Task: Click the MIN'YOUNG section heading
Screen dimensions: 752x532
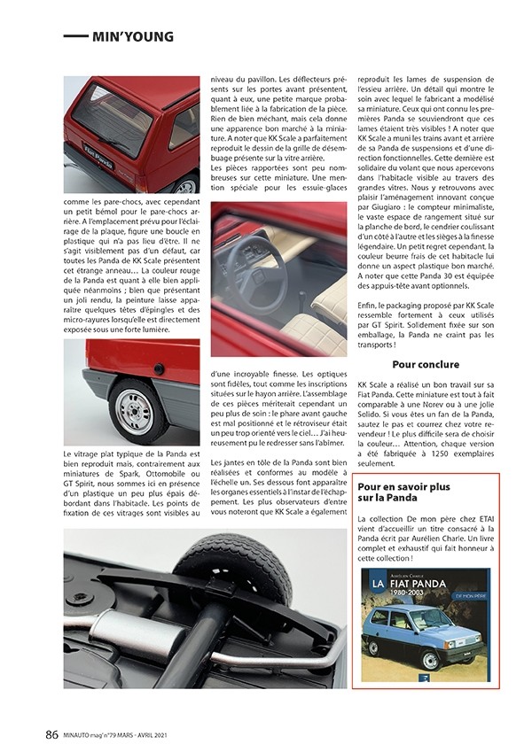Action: point(132,36)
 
